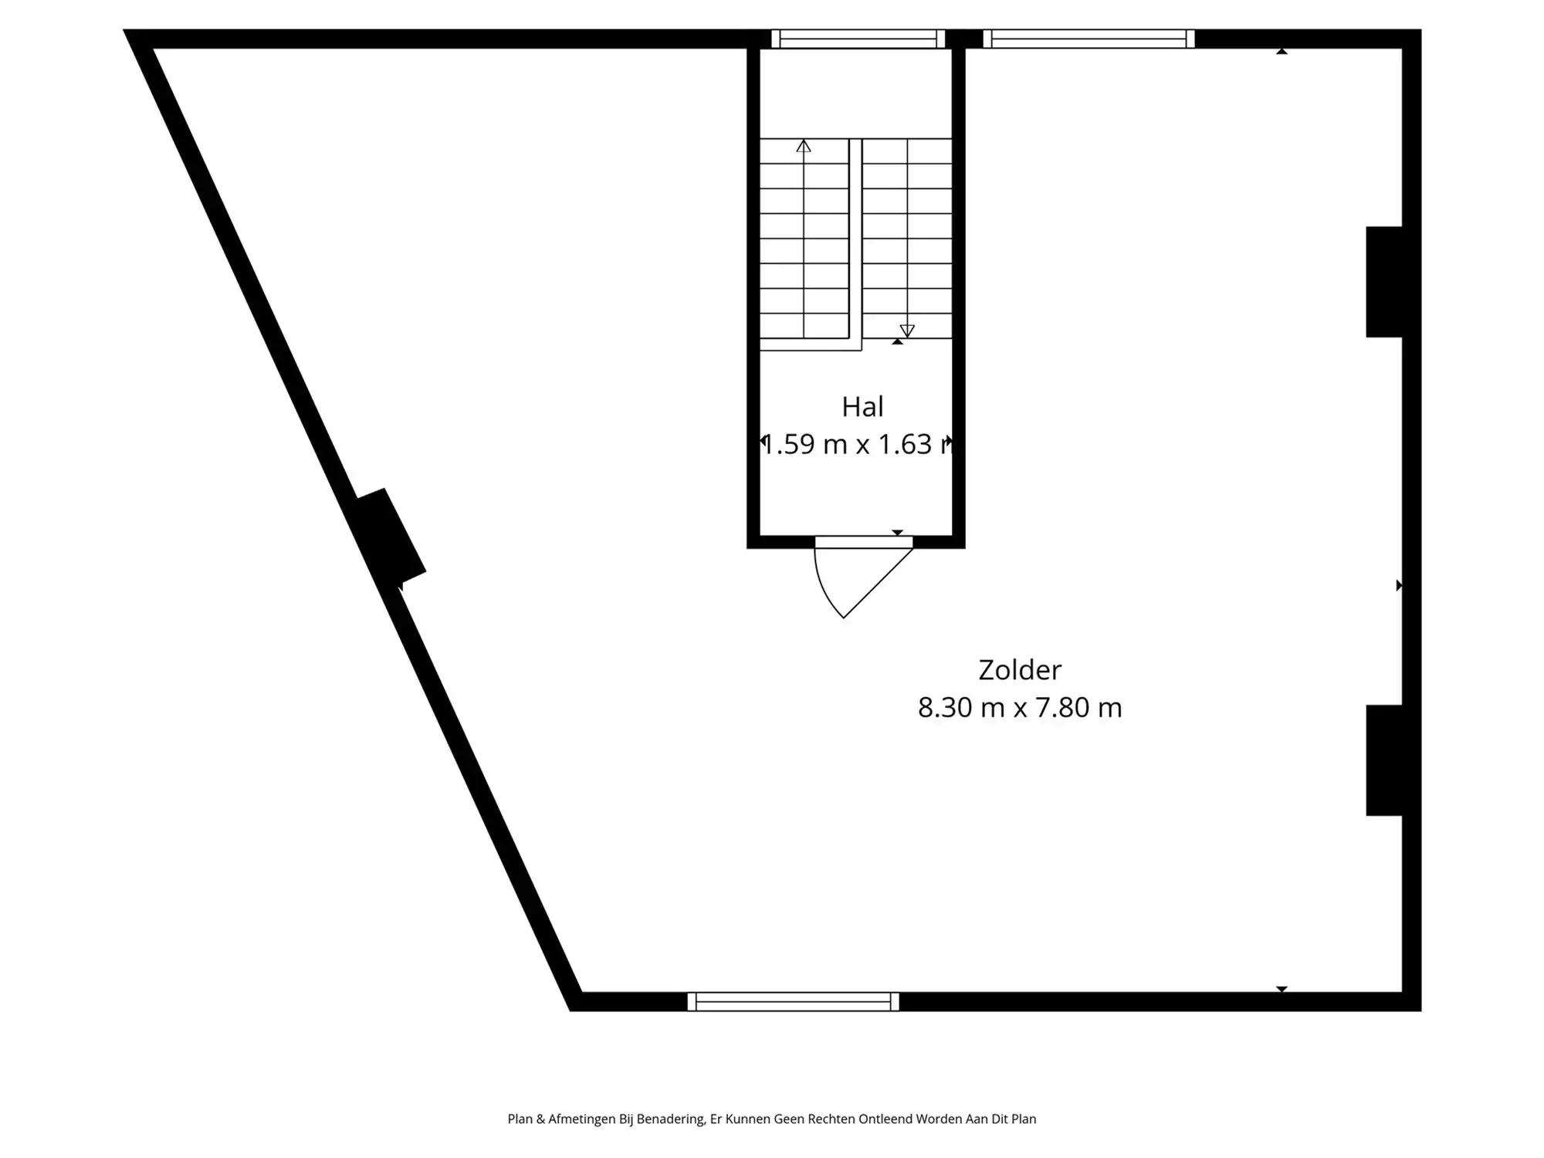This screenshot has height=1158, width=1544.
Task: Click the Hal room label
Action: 862,407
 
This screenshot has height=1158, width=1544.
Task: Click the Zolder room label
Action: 1019,669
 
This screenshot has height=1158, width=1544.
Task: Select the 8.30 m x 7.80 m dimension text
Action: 1019,707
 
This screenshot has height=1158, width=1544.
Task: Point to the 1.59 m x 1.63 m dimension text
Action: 857,445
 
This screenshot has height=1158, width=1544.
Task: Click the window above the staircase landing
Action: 858,39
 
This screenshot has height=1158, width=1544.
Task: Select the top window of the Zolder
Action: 1089,39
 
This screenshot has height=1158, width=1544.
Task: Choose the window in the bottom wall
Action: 793,1001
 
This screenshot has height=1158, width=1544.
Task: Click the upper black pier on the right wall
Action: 1385,282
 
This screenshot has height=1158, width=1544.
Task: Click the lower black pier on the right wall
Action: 1385,760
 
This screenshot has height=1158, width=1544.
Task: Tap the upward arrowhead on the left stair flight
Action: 804,146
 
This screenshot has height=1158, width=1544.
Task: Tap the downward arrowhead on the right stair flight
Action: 907,330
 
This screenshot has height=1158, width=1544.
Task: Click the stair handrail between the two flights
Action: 855,243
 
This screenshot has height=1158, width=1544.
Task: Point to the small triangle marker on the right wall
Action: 1399,586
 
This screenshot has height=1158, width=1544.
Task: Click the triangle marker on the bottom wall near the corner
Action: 1282,989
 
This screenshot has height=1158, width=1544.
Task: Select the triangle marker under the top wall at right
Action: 1282,52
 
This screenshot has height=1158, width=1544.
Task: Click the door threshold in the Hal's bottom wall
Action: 864,542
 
